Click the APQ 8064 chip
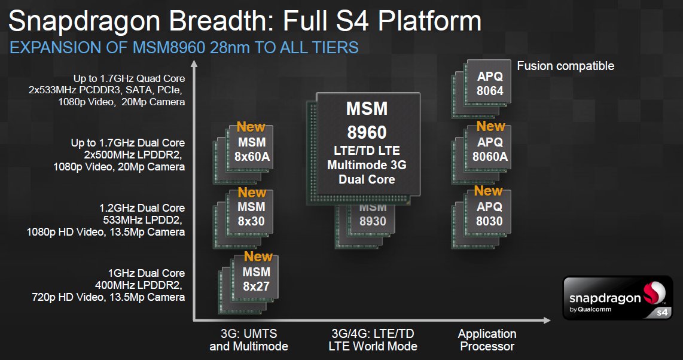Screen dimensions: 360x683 click(490, 84)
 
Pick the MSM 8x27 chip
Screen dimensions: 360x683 click(256, 279)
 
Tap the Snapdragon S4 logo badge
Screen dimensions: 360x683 click(617, 298)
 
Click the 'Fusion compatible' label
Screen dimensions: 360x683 click(565, 66)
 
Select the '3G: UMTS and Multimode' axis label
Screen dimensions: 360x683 click(249, 340)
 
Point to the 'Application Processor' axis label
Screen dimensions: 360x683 click(487, 340)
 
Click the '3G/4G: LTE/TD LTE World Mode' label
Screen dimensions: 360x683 click(373, 340)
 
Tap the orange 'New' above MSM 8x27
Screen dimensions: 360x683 click(258, 257)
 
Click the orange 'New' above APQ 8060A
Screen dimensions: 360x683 click(490, 126)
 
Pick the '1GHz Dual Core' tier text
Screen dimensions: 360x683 click(147, 273)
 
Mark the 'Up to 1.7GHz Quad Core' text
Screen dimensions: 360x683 click(129, 78)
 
